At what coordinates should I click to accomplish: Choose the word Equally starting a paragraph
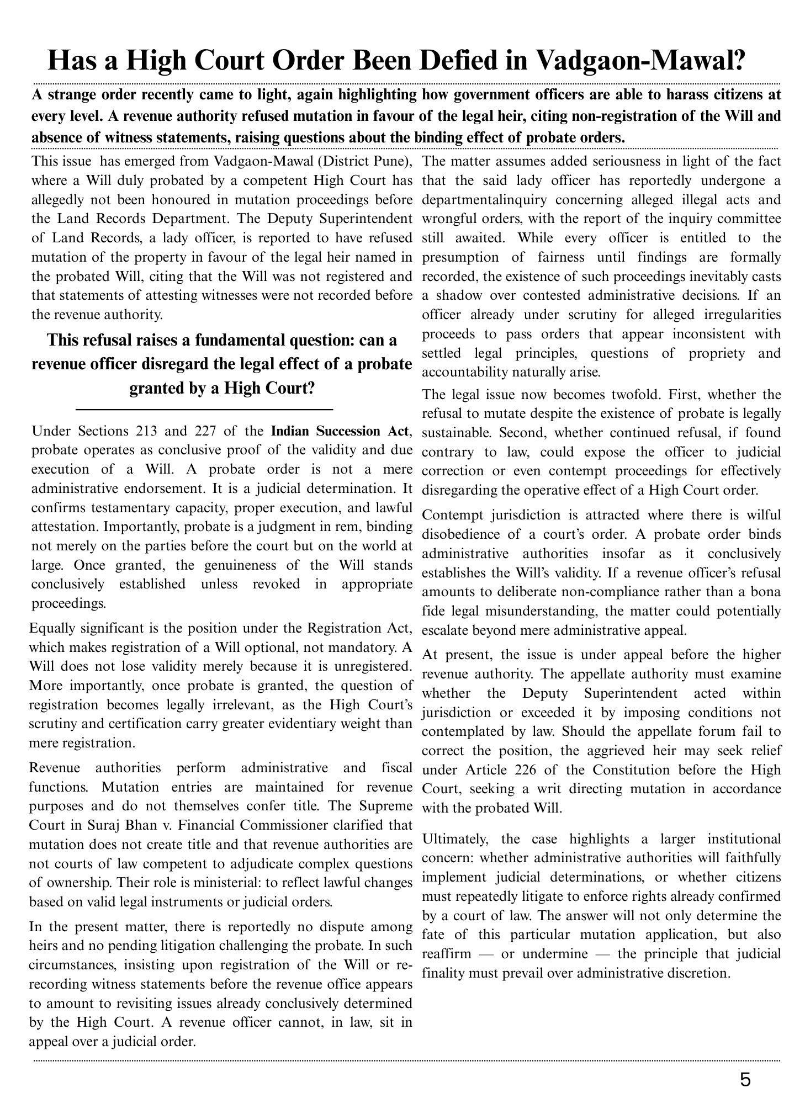(x=53, y=628)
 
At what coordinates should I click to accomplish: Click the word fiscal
(x=396, y=768)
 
